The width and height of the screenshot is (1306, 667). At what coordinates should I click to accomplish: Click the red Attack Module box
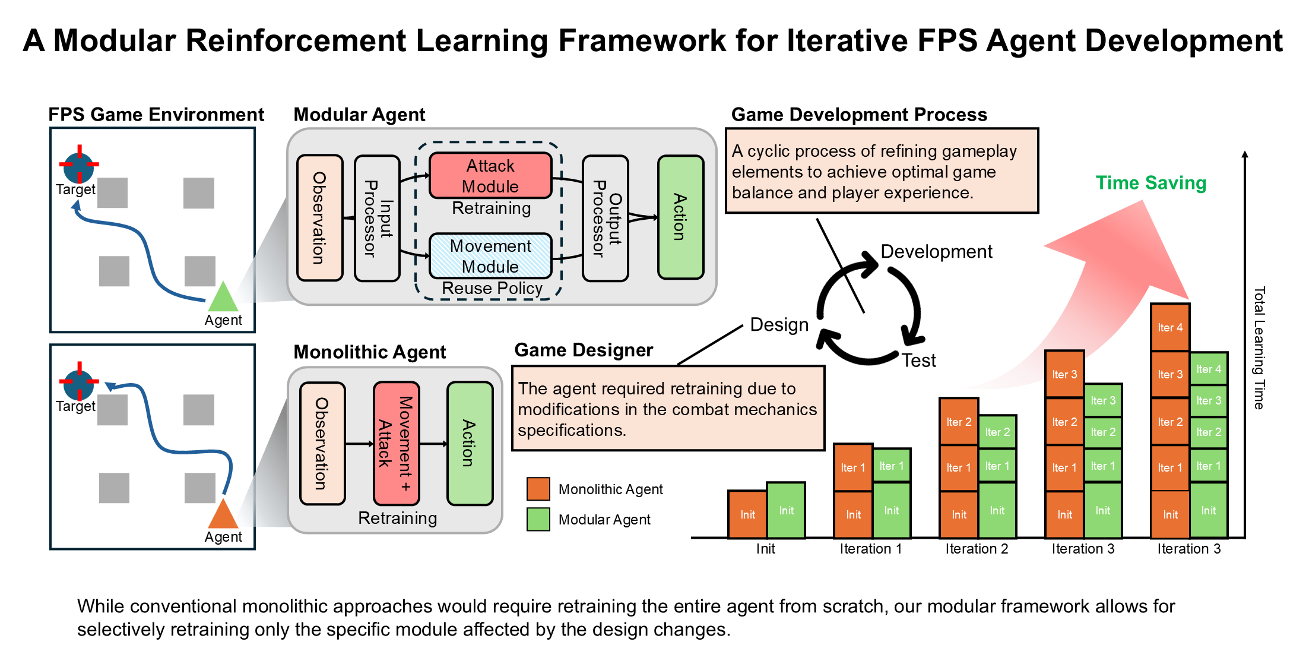pyautogui.click(x=490, y=176)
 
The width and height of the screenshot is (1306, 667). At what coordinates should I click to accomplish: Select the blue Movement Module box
pyautogui.click(x=490, y=256)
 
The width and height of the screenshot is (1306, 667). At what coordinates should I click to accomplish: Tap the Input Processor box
pyautogui.click(x=377, y=219)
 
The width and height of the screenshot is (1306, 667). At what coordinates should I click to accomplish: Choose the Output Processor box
pyautogui.click(x=606, y=219)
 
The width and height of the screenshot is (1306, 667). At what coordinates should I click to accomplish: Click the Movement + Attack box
pyautogui.click(x=397, y=444)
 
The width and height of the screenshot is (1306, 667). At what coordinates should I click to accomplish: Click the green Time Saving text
pyautogui.click(x=1150, y=183)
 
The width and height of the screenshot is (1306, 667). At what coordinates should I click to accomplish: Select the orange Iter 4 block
pyautogui.click(x=1169, y=327)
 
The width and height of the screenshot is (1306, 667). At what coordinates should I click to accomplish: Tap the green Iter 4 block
pyautogui.click(x=1209, y=369)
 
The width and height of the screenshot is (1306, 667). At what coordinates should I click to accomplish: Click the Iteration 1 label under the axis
pyautogui.click(x=870, y=549)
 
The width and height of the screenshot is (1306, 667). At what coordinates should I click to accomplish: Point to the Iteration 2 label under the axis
pyautogui.click(x=977, y=549)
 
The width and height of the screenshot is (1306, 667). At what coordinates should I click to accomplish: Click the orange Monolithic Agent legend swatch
pyautogui.click(x=538, y=489)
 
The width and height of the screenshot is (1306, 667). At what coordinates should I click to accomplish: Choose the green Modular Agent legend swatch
pyautogui.click(x=538, y=519)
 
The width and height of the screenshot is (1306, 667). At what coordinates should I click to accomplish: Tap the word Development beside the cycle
pyautogui.click(x=936, y=252)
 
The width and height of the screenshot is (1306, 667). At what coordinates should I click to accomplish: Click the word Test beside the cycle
pyautogui.click(x=918, y=361)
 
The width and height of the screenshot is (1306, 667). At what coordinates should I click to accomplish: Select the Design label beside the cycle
pyautogui.click(x=779, y=325)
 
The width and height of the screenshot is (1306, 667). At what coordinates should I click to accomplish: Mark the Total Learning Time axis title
pyautogui.click(x=1259, y=347)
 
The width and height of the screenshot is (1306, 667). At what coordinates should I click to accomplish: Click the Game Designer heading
pyautogui.click(x=584, y=350)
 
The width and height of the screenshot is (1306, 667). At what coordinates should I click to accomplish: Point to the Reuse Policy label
pyautogui.click(x=492, y=289)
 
